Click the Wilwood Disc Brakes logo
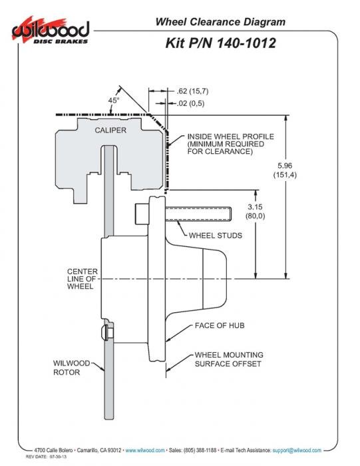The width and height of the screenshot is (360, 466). click(51, 31)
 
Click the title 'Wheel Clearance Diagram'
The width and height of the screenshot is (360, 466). click(220, 22)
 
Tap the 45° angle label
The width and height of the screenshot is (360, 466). click(114, 101)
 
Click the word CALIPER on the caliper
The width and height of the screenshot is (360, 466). click(110, 130)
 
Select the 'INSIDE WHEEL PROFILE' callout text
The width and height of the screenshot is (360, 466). click(230, 144)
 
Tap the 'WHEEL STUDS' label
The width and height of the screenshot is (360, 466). click(216, 236)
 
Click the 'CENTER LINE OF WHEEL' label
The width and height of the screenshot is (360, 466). click(83, 279)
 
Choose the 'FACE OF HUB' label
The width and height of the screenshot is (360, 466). click(220, 326)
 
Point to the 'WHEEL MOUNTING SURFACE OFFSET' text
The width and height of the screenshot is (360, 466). click(229, 359)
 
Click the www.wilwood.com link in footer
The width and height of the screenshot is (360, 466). click(145, 450)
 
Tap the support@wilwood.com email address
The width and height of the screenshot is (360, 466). click(297, 450)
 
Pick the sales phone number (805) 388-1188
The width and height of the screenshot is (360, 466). click(200, 450)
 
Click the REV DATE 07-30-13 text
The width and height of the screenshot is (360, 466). click(46, 457)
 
